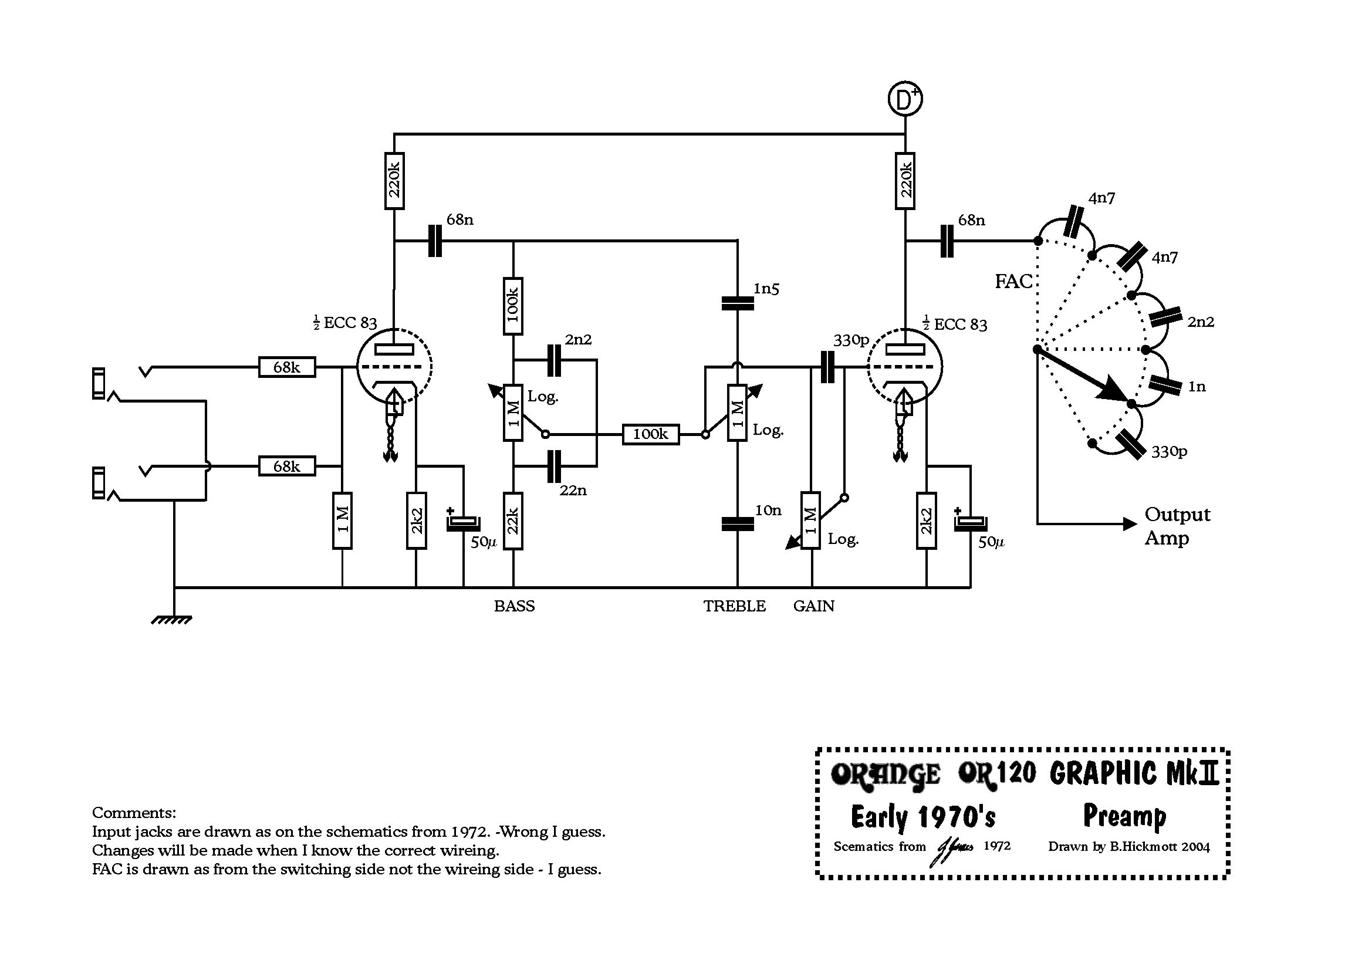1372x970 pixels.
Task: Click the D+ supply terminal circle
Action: pyautogui.click(x=905, y=99)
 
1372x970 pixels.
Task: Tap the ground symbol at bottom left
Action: pyautogui.click(x=171, y=620)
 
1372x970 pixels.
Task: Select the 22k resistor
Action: pyautogui.click(x=513, y=521)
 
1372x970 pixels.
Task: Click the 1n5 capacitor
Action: pyautogui.click(x=738, y=303)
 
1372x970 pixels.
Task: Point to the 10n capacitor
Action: pyautogui.click(x=738, y=524)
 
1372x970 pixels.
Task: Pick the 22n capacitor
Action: pyautogui.click(x=554, y=466)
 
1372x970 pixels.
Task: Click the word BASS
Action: pyautogui.click(x=514, y=606)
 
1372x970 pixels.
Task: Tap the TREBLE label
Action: pyautogui.click(x=734, y=606)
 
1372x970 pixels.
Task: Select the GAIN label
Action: pyautogui.click(x=813, y=606)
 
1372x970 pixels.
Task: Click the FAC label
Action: pyautogui.click(x=1013, y=281)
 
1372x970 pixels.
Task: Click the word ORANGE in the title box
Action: pyautogui.click(x=885, y=775)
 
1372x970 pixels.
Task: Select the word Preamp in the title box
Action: pyautogui.click(x=1124, y=817)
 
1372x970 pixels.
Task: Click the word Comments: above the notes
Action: pyautogui.click(x=134, y=813)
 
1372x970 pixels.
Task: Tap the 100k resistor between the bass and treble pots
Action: pyautogui.click(x=651, y=434)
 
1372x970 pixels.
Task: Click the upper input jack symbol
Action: pyautogui.click(x=120, y=383)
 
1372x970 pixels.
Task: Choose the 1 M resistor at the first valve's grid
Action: pyautogui.click(x=342, y=521)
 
